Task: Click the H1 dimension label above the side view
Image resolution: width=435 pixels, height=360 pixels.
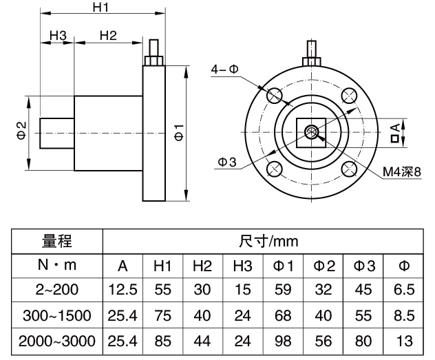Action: tap(102, 8)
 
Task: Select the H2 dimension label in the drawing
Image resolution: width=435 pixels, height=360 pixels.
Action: tap(108, 35)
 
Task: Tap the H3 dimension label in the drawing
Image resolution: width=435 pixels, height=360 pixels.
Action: tap(57, 35)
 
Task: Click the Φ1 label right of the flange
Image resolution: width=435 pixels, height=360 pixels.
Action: tap(179, 133)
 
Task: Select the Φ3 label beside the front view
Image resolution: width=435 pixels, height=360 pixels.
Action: tap(227, 162)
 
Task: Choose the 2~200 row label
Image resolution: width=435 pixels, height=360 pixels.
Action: tap(57, 290)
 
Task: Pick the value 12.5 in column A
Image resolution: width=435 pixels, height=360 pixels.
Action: tap(121, 290)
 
